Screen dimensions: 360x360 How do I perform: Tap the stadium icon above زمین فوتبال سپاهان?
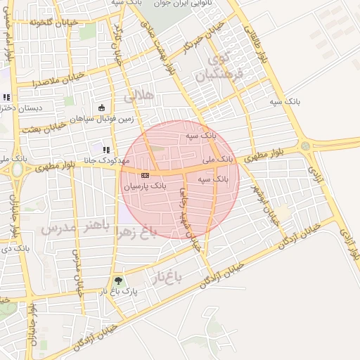pos(102,108)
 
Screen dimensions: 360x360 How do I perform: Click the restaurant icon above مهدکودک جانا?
pos(106,149)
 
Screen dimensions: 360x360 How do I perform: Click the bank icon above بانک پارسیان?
pos(145,175)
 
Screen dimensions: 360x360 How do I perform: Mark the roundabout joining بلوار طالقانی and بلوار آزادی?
pos(305,146)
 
